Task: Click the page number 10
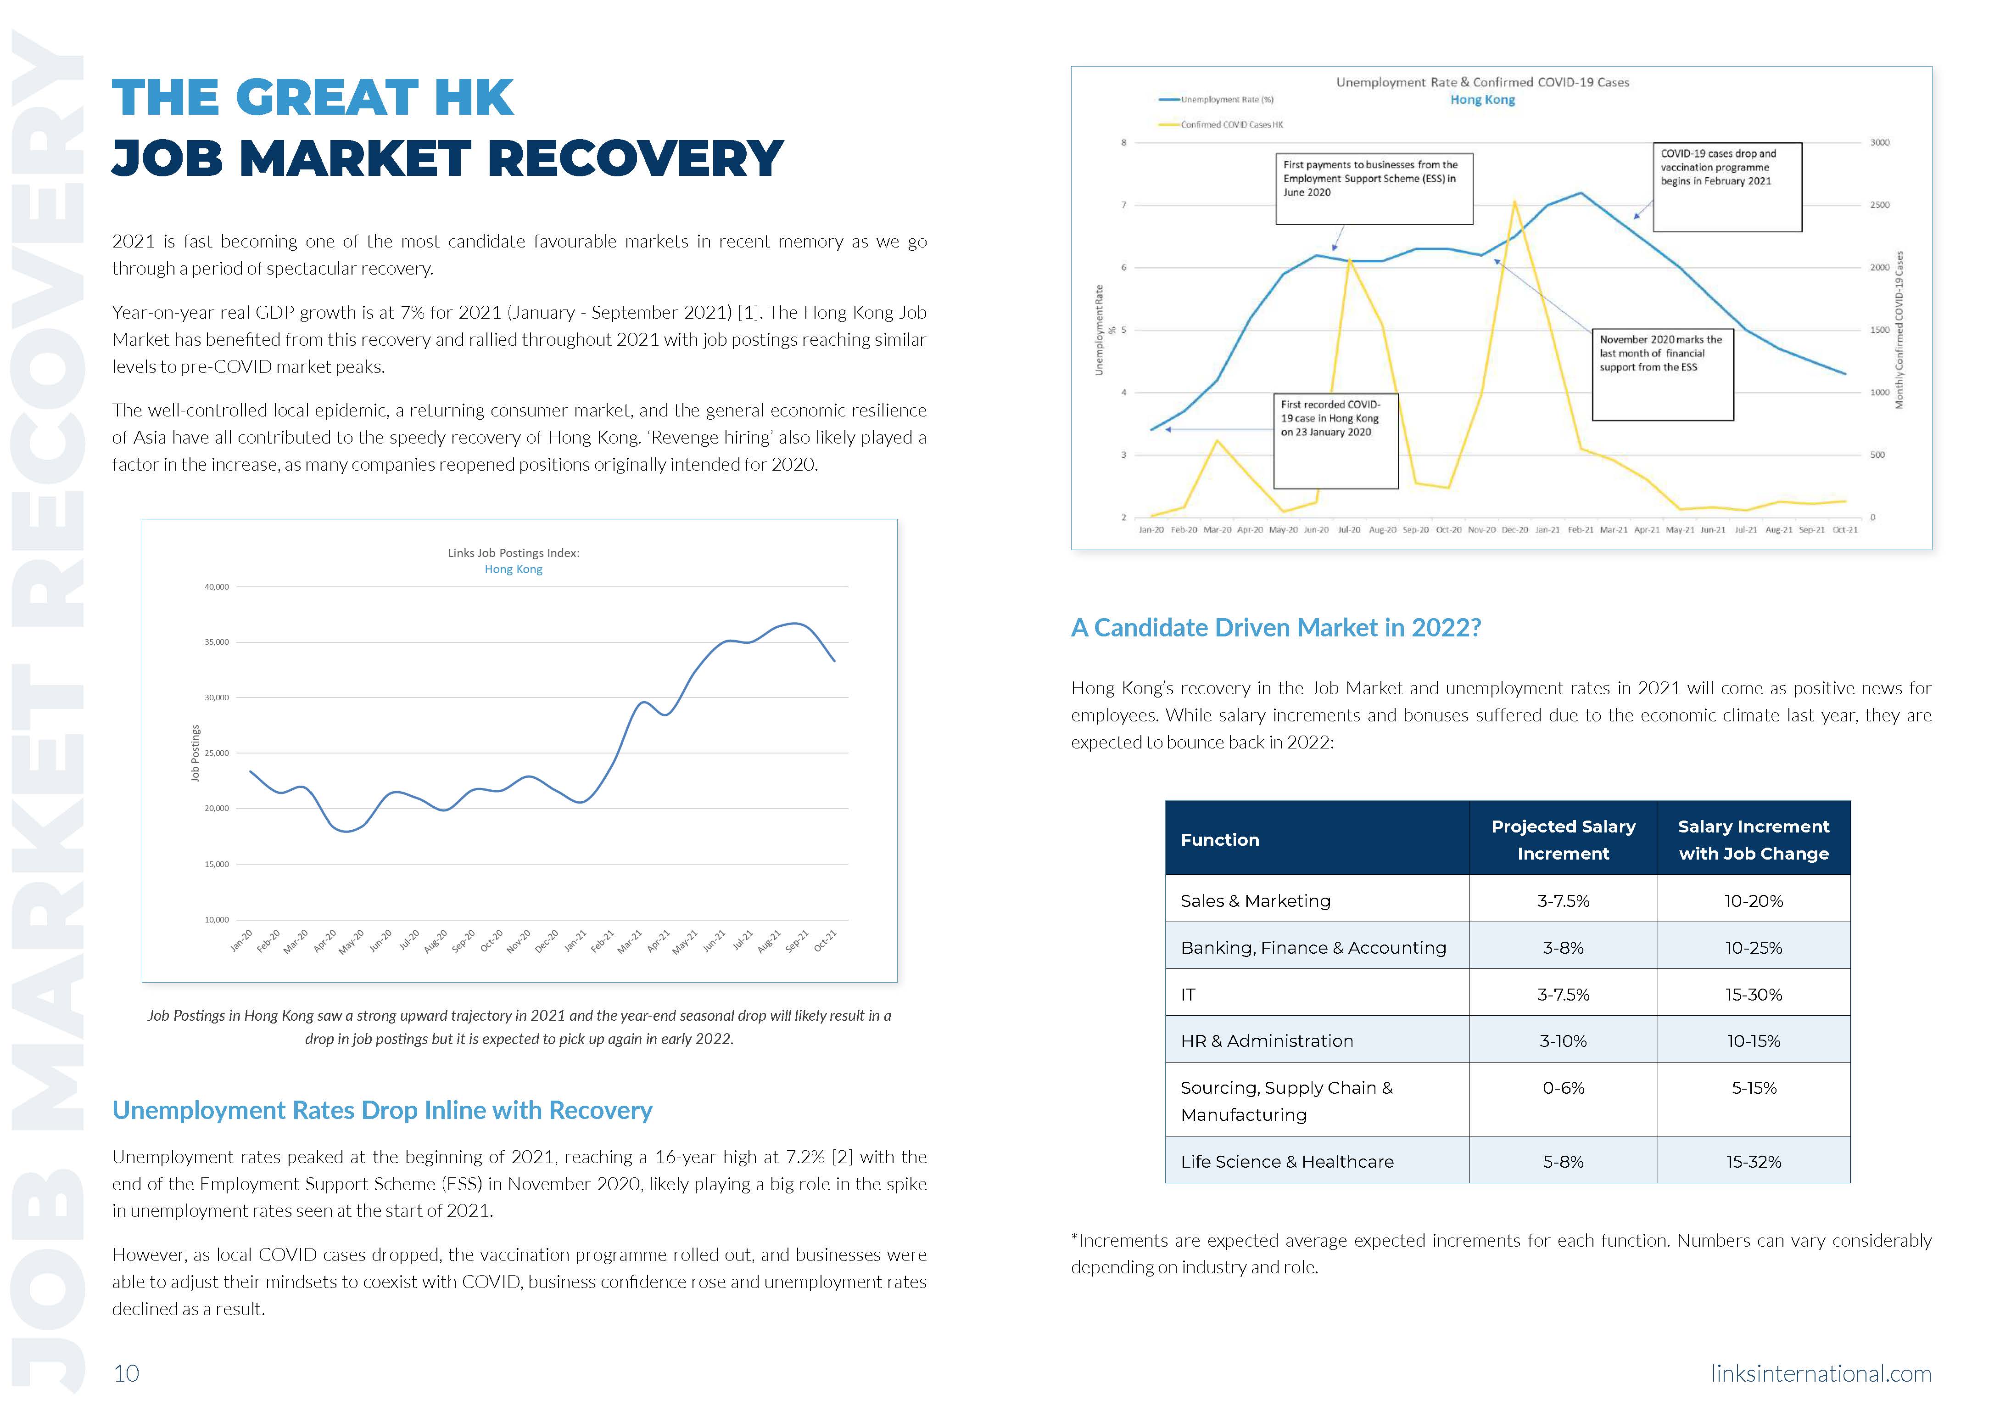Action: click(126, 1373)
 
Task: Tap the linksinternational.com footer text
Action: click(1821, 1373)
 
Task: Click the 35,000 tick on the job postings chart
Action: click(216, 642)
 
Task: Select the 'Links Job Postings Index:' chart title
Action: click(513, 553)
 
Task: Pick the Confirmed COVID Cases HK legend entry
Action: click(1230, 124)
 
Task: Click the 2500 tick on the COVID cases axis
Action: click(1880, 205)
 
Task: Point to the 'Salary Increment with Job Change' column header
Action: click(1754, 839)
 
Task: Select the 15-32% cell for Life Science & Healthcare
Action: click(1754, 1162)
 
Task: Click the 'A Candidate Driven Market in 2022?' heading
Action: click(1275, 628)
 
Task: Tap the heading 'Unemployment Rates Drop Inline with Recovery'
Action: click(382, 1110)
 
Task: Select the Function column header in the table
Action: click(1220, 839)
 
